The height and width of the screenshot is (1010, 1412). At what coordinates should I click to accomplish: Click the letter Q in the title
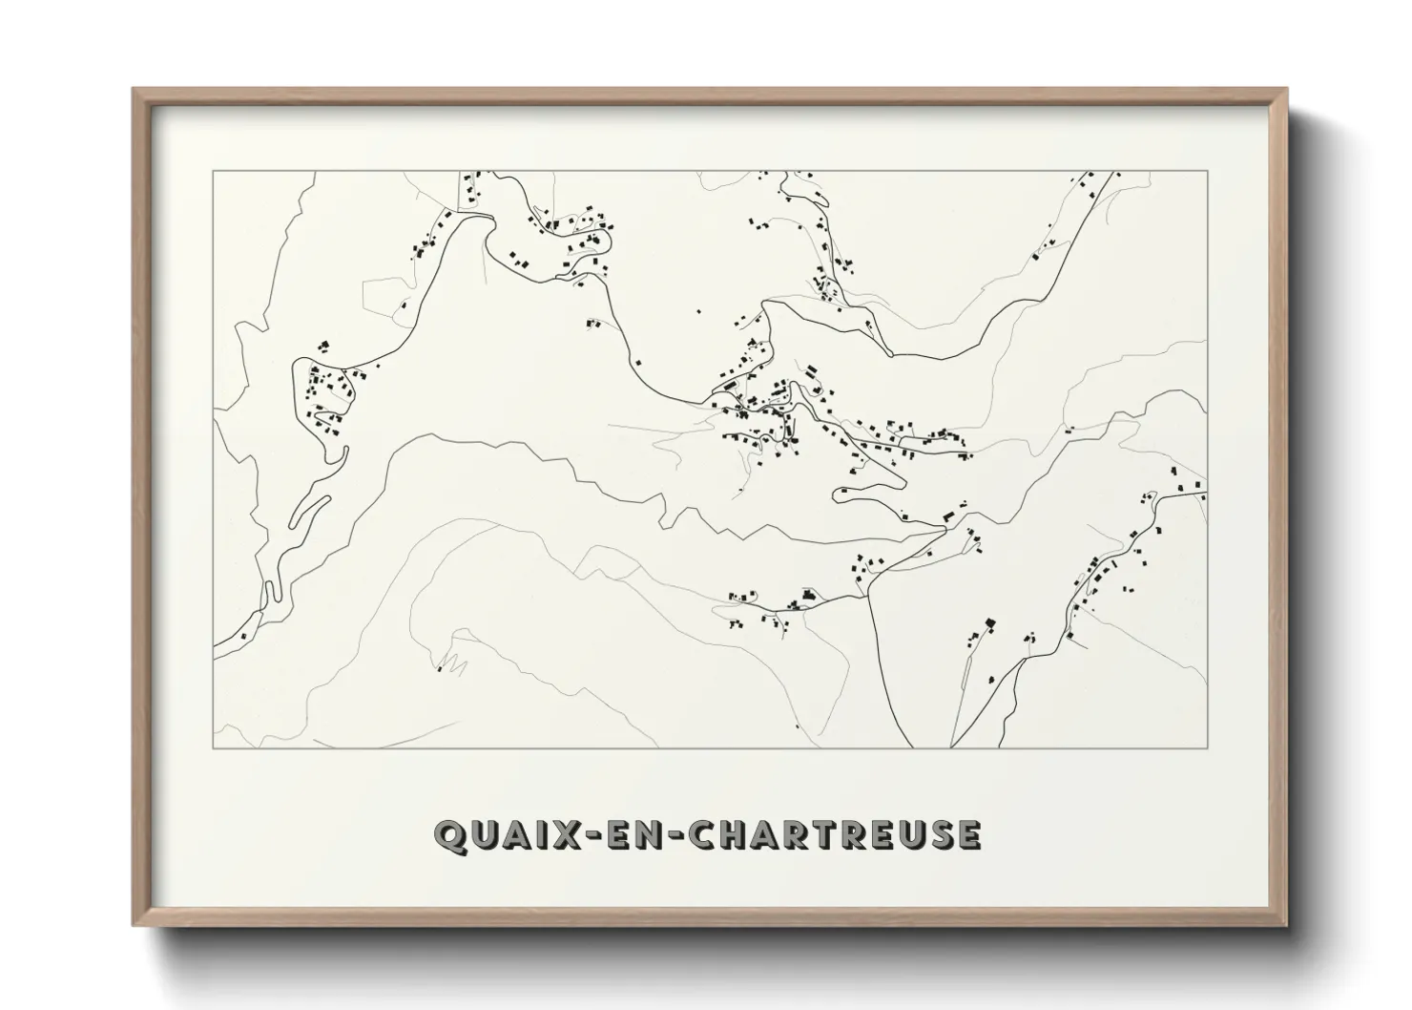tap(448, 834)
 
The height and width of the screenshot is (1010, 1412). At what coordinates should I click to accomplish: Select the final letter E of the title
tap(967, 834)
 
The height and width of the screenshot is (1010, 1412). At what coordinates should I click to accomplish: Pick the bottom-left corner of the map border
tap(214, 747)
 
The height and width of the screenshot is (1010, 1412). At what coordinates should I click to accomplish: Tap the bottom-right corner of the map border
tap(1207, 747)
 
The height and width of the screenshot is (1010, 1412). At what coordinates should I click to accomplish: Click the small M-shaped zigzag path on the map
tap(451, 663)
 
